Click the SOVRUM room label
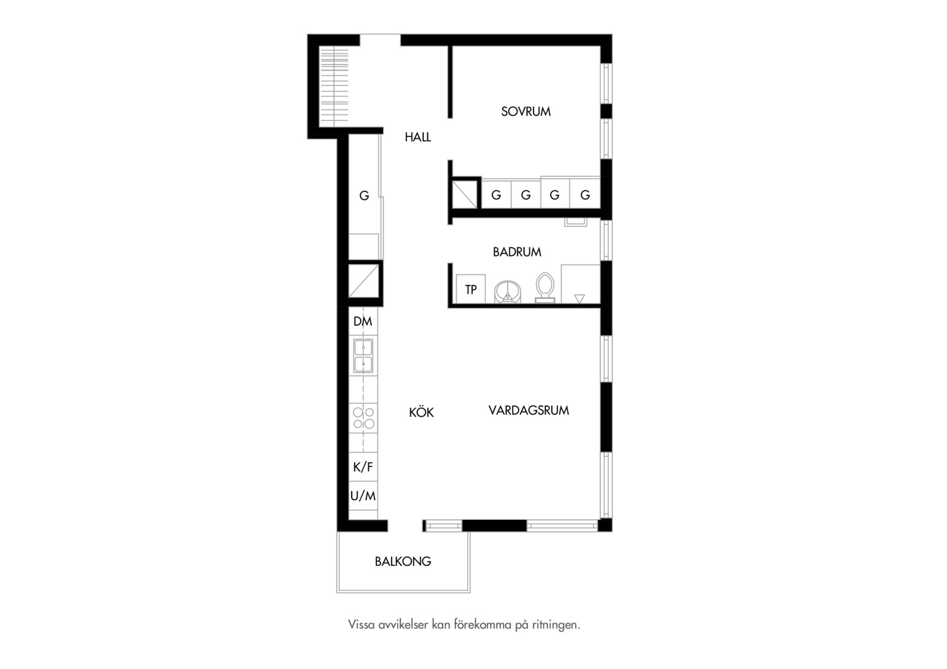pyautogui.click(x=526, y=111)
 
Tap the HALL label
pyautogui.click(x=418, y=137)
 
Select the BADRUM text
pyautogui.click(x=517, y=252)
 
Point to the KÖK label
pyautogui.click(x=421, y=412)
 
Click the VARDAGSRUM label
pyautogui.click(x=529, y=410)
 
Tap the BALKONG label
pyautogui.click(x=403, y=561)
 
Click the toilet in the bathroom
pyautogui.click(x=545, y=288)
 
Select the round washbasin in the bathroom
pyautogui.click(x=508, y=292)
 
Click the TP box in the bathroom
pyautogui.click(x=470, y=289)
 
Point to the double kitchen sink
pyautogui.click(x=363, y=356)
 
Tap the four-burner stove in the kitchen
pyautogui.click(x=363, y=418)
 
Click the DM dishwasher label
pyautogui.click(x=363, y=321)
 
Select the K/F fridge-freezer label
pyautogui.click(x=363, y=467)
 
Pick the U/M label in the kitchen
pyautogui.click(x=363, y=496)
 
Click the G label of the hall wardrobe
pyautogui.click(x=364, y=195)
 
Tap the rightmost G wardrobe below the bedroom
pyautogui.click(x=585, y=195)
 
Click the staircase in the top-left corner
pyautogui.click(x=334, y=87)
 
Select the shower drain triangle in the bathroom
pyautogui.click(x=579, y=299)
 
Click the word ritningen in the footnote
pyautogui.click(x=556, y=624)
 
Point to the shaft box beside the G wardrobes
pyautogui.click(x=465, y=195)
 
